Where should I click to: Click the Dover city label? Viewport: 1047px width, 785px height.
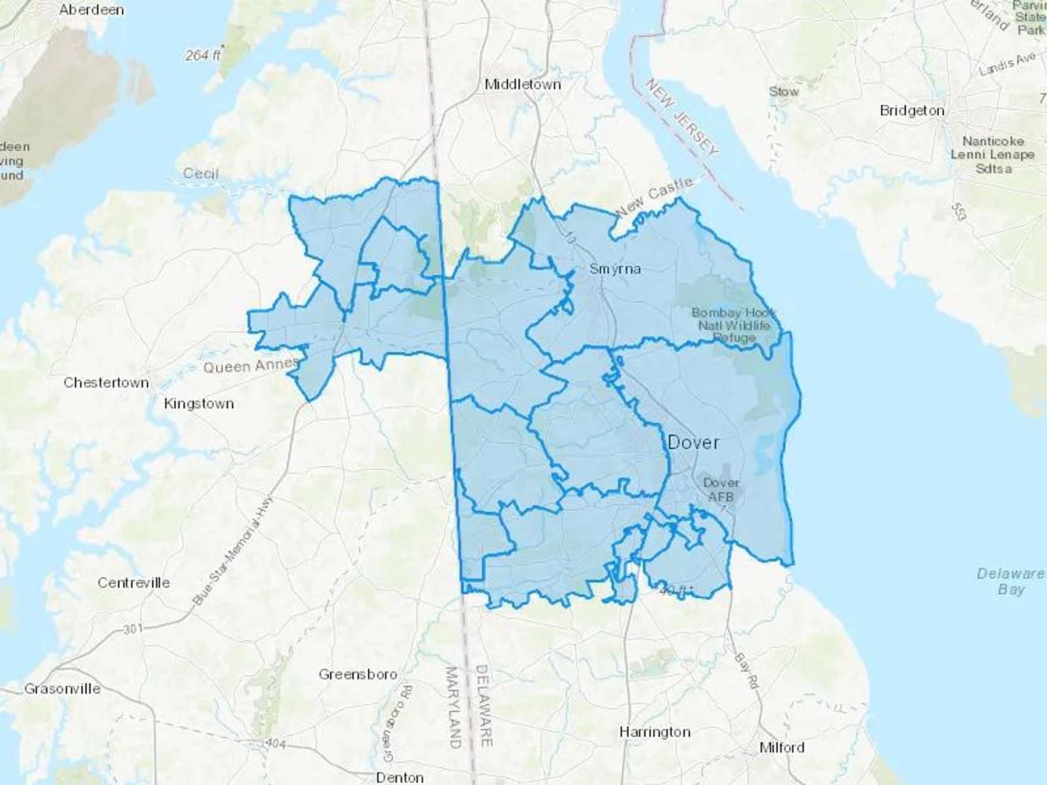[x=693, y=443]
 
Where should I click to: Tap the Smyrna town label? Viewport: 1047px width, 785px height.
[x=615, y=269]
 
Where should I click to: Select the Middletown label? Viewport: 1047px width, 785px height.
[x=522, y=84]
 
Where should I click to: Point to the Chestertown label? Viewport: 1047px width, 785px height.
[x=106, y=383]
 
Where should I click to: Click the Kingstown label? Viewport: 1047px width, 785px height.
[x=199, y=404]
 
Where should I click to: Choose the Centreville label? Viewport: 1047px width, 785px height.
[x=134, y=583]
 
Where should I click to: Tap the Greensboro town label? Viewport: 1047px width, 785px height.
[x=358, y=675]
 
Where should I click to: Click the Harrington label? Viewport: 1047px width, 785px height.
[x=654, y=732]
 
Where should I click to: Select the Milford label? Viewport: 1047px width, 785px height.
[x=782, y=747]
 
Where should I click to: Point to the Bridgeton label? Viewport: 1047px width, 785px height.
[x=911, y=110]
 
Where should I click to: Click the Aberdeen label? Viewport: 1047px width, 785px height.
[x=91, y=10]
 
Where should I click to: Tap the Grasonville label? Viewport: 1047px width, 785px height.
[x=62, y=689]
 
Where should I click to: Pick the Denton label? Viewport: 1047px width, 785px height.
[x=400, y=777]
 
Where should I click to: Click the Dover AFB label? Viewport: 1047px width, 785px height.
[x=721, y=490]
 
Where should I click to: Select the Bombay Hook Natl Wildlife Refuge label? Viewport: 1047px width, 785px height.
[x=733, y=325]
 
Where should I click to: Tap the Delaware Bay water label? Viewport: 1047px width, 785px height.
[x=1010, y=581]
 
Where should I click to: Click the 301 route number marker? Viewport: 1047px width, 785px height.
[x=133, y=629]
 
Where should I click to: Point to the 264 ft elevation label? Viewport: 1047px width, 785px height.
[x=202, y=55]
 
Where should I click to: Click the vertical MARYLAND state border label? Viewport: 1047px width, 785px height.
[x=453, y=706]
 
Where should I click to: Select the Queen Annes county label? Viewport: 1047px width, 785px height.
[x=250, y=366]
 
